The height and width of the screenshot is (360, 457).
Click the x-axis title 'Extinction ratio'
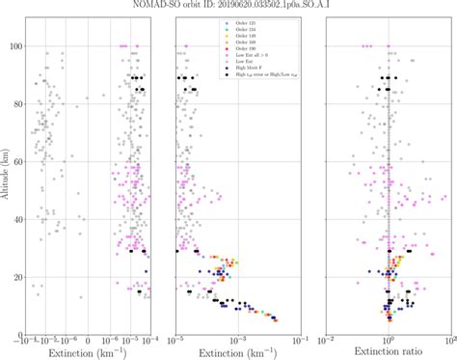click(389, 353)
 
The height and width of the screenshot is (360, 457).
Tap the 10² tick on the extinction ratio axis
click(449, 338)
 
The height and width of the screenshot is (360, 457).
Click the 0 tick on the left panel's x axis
click(88, 338)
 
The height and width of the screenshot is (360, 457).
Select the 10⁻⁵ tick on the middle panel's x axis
click(176, 338)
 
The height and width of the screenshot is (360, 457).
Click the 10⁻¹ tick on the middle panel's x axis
click(299, 338)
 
